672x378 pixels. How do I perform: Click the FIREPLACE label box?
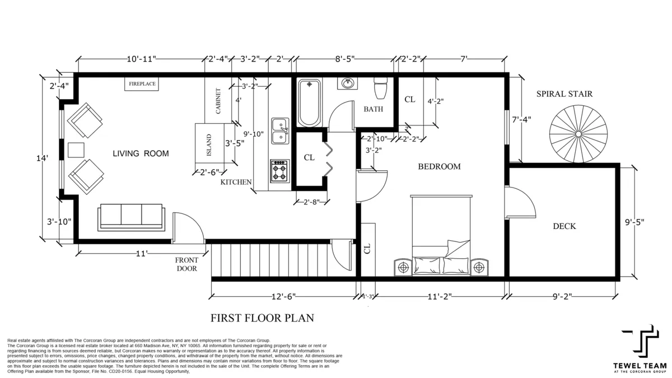(x=141, y=84)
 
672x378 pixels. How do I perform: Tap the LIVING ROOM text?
(x=141, y=153)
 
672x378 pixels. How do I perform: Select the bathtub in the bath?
(x=309, y=103)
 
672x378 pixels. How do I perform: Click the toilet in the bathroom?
(x=381, y=87)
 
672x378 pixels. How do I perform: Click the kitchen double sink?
(x=280, y=132)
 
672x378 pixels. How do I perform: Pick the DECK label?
(x=564, y=226)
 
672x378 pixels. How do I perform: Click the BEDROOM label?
(x=440, y=166)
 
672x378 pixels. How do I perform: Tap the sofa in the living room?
(x=131, y=217)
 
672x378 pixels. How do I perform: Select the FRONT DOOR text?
(x=186, y=264)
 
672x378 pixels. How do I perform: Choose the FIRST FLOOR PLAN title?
(x=262, y=318)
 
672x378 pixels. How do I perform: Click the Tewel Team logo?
(x=639, y=347)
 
